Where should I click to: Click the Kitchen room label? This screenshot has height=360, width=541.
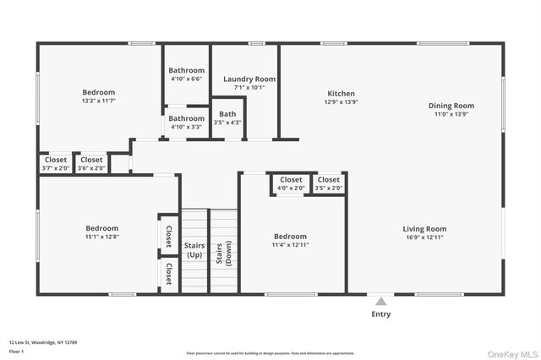(x=342, y=94)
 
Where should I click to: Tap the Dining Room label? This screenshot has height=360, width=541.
(x=451, y=106)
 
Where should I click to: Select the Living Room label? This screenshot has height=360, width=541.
(x=424, y=229)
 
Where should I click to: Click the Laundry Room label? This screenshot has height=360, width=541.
(x=244, y=79)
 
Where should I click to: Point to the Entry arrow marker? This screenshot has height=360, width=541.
(x=381, y=300)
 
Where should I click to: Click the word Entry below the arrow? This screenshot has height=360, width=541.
(x=381, y=314)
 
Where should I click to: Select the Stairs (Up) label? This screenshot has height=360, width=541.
(x=194, y=250)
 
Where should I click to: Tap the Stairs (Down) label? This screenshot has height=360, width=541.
(x=223, y=250)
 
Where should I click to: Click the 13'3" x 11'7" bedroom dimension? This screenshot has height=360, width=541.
(x=99, y=101)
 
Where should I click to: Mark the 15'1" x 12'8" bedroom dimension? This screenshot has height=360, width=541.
(x=101, y=237)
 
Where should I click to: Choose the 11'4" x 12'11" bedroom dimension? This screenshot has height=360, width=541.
(x=290, y=245)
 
